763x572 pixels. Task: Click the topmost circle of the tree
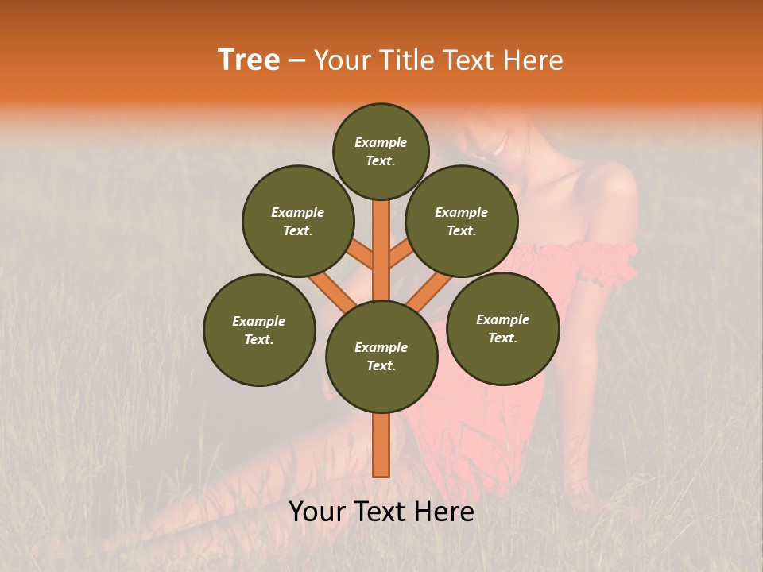click(x=381, y=151)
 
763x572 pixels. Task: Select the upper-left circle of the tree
click(x=298, y=221)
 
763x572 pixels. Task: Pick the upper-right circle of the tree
click(x=462, y=221)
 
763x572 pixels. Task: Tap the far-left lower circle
click(x=259, y=330)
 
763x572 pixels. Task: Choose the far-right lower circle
click(x=502, y=328)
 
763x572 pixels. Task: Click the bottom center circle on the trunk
click(x=381, y=357)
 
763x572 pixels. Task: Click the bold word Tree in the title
click(x=249, y=60)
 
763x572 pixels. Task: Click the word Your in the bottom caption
click(x=316, y=512)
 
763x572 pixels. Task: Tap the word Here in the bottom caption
click(x=447, y=512)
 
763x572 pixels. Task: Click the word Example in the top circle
click(x=381, y=142)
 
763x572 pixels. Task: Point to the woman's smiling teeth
click(x=500, y=145)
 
